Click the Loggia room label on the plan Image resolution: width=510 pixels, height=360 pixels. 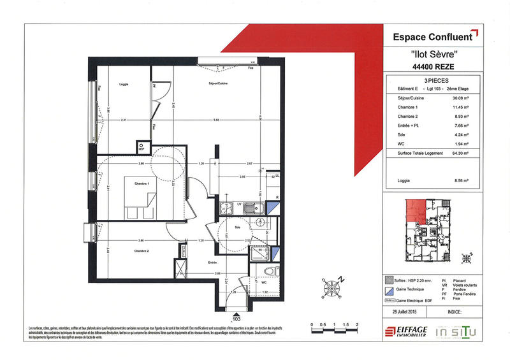coord(124,84)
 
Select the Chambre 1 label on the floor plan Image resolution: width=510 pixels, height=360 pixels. coord(141,184)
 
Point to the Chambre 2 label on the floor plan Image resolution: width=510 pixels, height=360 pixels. coord(141,251)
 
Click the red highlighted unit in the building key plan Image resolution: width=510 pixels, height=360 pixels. coord(416,210)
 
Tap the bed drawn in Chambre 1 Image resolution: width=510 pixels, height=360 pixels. coord(140,199)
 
